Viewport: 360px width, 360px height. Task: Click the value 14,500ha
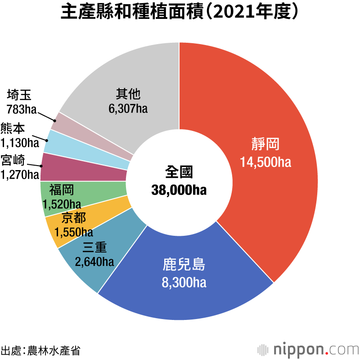265,162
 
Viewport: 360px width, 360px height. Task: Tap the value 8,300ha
184,283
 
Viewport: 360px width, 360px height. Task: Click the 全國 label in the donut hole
179,172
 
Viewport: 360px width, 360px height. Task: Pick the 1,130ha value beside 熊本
20,143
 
